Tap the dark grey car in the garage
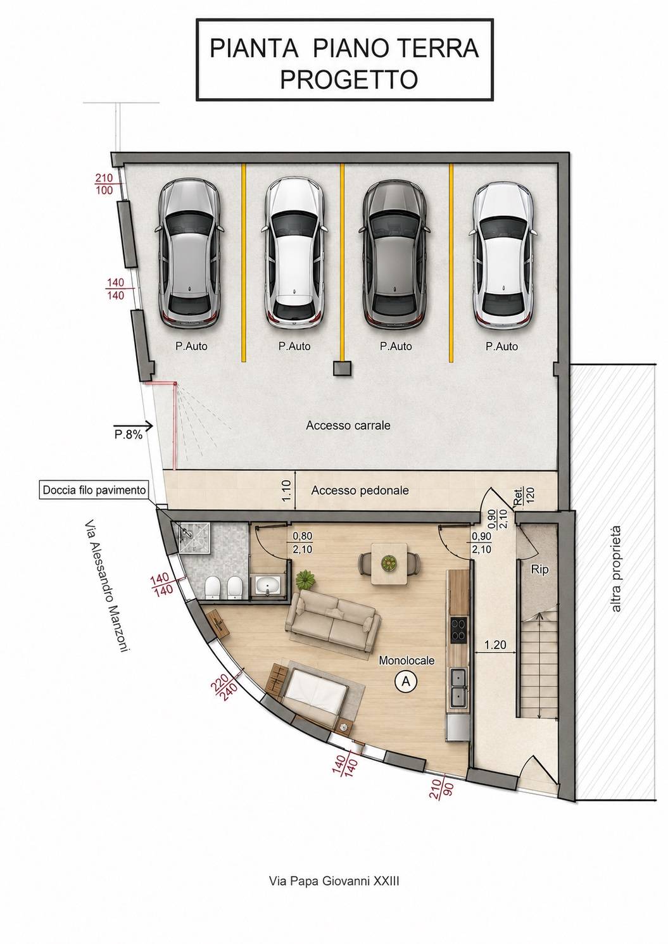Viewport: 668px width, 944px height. (395, 255)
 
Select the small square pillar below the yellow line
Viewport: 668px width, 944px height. (342, 368)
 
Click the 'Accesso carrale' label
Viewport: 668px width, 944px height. (348, 425)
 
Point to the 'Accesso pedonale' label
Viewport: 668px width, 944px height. (360, 491)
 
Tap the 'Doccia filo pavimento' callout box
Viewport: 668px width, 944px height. (94, 490)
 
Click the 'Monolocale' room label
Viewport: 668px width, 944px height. (406, 660)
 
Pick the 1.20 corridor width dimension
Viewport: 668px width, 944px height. (495, 645)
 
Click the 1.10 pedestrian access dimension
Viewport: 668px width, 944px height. (287, 491)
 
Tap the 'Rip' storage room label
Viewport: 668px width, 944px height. (539, 570)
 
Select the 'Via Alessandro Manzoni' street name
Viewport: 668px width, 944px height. (106, 588)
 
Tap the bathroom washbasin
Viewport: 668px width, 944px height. (267, 586)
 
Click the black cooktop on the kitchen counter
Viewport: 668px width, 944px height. (459, 629)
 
